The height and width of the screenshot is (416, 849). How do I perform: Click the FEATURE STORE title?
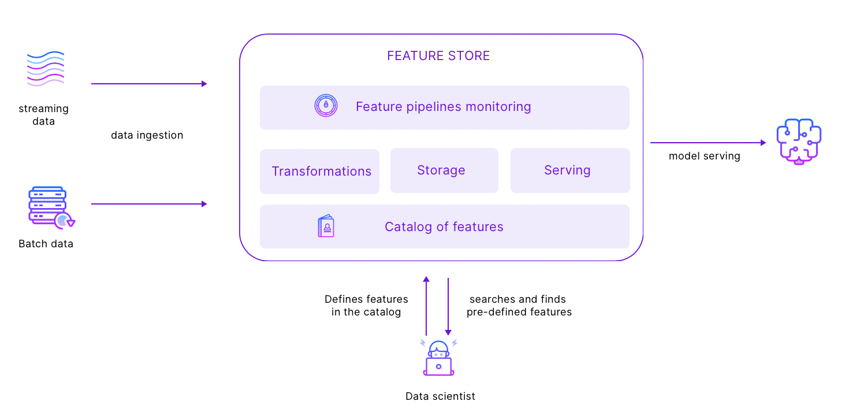(438, 56)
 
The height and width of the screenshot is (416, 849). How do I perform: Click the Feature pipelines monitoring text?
(443, 107)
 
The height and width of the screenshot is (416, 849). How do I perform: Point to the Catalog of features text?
(444, 227)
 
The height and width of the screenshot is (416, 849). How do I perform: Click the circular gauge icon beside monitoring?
(326, 106)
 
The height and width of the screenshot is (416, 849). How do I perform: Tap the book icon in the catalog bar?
(326, 226)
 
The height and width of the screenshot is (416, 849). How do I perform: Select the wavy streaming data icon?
(45, 69)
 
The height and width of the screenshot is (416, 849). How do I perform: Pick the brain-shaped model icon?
(799, 142)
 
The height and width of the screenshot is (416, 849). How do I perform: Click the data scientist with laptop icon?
(438, 358)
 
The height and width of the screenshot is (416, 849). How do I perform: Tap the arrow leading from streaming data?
(148, 84)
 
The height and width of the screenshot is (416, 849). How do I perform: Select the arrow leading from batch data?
(148, 204)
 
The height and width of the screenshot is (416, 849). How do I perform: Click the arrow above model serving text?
(708, 143)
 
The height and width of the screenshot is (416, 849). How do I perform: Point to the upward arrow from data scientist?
(426, 306)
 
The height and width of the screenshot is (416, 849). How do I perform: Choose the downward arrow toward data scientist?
(448, 306)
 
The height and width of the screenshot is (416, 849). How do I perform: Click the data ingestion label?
(147, 135)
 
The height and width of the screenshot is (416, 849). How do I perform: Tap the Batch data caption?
(46, 244)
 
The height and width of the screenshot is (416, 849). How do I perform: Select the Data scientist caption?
(440, 396)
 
